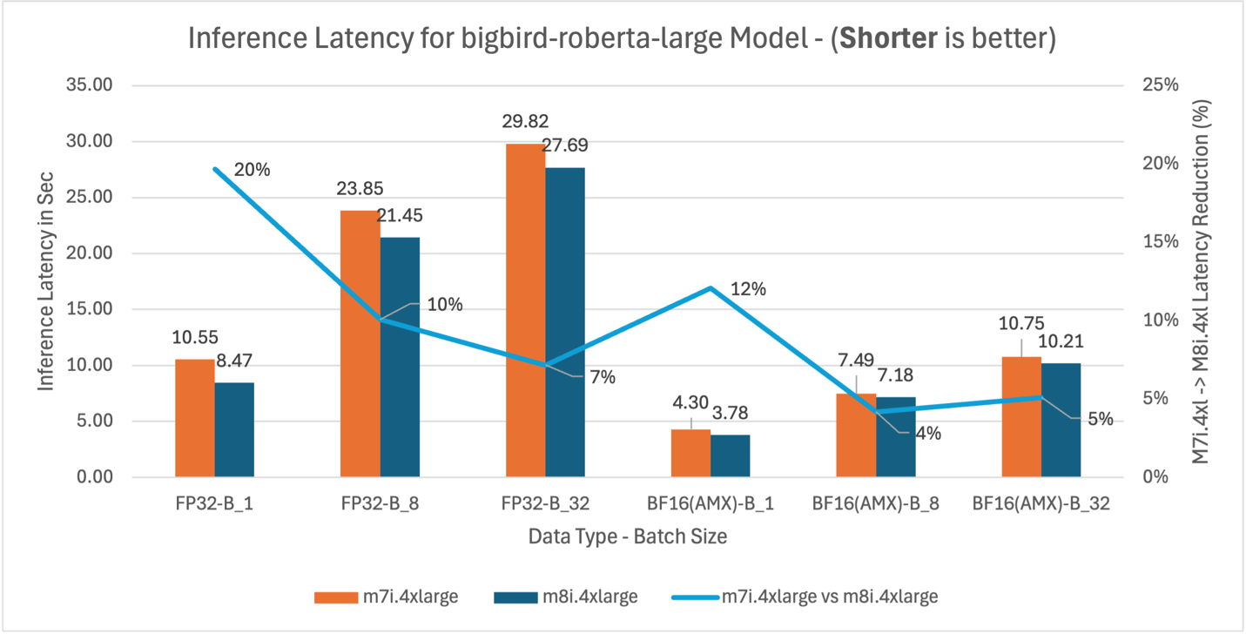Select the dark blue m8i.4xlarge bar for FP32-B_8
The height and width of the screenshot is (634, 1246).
(400, 357)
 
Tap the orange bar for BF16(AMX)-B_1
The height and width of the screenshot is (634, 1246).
(690, 453)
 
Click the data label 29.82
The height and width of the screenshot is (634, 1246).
(525, 121)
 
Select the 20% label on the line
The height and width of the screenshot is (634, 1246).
(252, 170)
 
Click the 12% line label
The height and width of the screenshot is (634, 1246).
(748, 289)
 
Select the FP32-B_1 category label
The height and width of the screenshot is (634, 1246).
(214, 503)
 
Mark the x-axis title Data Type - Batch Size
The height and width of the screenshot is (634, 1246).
(627, 536)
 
